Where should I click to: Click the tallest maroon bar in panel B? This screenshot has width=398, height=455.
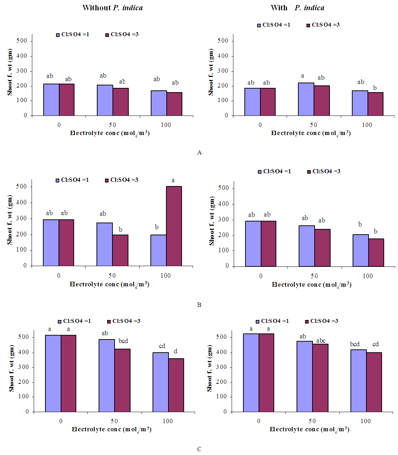pos(174,226)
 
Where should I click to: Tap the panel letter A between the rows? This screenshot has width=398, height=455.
pos(199,153)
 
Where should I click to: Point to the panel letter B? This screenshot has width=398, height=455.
pos(199,305)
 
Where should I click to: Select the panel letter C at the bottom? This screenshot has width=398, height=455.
pos(199,449)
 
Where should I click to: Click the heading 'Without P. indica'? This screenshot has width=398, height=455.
pos(112,8)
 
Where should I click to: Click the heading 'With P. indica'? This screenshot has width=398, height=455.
pos(297,8)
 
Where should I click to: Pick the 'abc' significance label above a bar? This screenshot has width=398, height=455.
pos(321,341)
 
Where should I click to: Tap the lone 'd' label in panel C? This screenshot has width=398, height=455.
pos(176,352)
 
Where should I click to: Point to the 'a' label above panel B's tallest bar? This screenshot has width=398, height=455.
pos(173,180)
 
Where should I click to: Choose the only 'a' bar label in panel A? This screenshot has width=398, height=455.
pos(303,76)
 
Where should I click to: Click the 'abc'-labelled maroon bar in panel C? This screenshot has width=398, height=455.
pos(320,378)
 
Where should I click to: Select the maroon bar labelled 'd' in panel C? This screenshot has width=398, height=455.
pos(176,385)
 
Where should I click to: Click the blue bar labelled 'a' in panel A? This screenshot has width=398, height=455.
pos(306,99)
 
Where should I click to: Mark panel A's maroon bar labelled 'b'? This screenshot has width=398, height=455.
pos(375,104)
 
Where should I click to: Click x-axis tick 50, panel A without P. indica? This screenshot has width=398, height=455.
pos(112,125)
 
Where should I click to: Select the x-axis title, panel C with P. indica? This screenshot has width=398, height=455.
pos(309,429)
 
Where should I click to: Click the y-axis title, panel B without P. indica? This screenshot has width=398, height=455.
pos(10,220)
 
